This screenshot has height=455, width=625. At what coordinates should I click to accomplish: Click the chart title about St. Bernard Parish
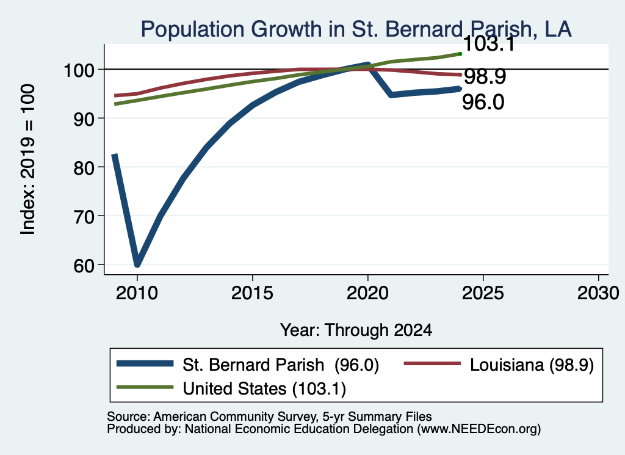tap(356, 29)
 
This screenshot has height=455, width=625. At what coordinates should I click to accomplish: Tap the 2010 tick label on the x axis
tap(137, 293)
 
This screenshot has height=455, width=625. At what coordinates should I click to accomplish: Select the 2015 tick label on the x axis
tap(252, 293)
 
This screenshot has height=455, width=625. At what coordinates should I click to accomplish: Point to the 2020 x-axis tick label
tap(367, 293)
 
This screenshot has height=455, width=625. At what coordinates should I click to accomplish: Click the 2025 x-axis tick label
tap(483, 293)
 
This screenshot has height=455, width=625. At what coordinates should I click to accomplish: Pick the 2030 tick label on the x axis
tap(598, 293)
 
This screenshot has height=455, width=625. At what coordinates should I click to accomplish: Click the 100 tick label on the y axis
tap(79, 71)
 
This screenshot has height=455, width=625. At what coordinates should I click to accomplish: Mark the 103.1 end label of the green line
tap(489, 43)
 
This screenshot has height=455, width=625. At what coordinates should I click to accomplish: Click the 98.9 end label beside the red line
tap(485, 76)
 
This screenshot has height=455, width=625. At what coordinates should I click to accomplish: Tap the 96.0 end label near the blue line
tap(483, 102)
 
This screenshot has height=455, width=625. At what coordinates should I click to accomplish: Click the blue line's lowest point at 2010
tap(137, 264)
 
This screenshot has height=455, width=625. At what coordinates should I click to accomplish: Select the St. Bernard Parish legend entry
tap(248, 365)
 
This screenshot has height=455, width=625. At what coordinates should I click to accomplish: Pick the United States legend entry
tap(231, 388)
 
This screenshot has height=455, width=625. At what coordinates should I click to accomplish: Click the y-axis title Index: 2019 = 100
tap(28, 159)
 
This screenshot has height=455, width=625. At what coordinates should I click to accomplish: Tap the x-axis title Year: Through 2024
tap(356, 330)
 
